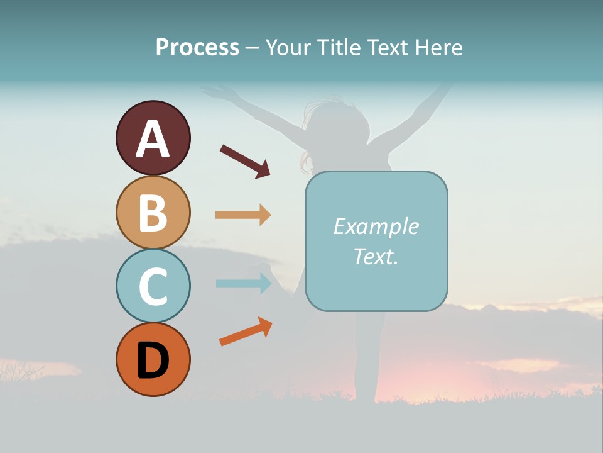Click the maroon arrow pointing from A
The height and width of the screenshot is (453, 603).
[245, 160]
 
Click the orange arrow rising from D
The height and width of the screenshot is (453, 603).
[246, 332]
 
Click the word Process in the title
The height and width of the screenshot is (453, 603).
[197, 47]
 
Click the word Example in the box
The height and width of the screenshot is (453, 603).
[376, 226]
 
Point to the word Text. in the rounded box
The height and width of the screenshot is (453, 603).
[376, 256]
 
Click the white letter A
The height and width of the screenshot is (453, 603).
[153, 139]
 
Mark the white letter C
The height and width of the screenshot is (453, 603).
[153, 286]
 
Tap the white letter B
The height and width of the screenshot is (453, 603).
[153, 213]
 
